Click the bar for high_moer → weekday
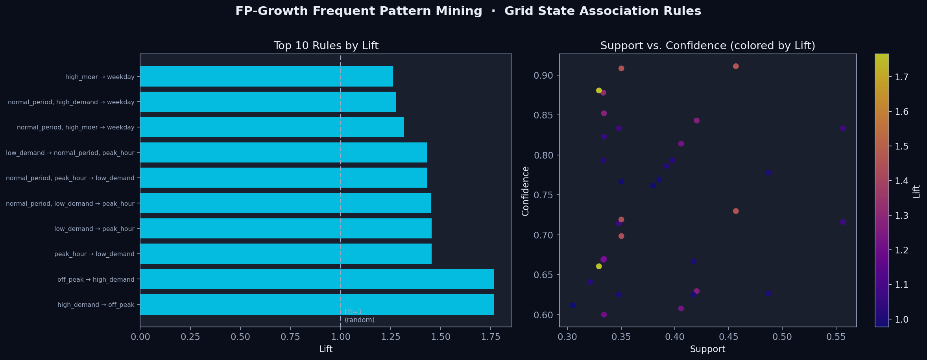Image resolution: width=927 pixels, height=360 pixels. click(266, 76)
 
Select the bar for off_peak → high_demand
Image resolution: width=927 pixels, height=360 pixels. click(317, 279)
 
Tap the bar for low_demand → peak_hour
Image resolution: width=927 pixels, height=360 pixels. click(286, 228)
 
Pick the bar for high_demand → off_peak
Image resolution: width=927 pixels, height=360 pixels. click(317, 304)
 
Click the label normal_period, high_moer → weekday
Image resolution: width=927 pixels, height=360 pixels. click(76, 127)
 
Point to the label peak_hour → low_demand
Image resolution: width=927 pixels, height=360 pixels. click(94, 254)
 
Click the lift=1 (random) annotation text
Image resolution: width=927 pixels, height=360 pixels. click(359, 316)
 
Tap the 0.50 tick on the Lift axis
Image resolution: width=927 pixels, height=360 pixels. click(240, 337)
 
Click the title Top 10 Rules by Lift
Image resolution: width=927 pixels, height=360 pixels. click(326, 46)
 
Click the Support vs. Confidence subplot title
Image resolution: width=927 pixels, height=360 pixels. click(707, 46)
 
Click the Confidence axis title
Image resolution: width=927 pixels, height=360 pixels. click(525, 191)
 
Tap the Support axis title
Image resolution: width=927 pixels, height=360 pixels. click(707, 349)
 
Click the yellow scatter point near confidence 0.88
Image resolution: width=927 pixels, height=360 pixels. click(599, 90)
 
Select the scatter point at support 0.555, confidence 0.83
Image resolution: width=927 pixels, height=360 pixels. click(843, 128)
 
